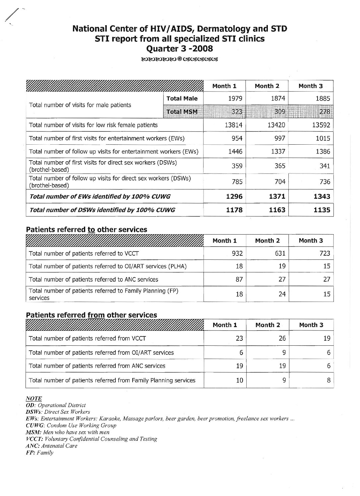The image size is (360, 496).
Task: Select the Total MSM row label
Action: pyautogui.click(x=182, y=112)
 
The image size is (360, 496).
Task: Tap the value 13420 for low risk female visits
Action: pyautogui.click(x=276, y=125)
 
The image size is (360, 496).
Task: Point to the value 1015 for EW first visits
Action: pyautogui.click(x=323, y=138)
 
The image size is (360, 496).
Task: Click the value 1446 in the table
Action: pyautogui.click(x=235, y=152)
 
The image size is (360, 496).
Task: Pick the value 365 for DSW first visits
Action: pyautogui.click(x=280, y=166)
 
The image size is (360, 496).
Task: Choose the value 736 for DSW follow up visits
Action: pyautogui.click(x=325, y=181)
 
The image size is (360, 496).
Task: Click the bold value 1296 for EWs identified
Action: pyautogui.click(x=234, y=196)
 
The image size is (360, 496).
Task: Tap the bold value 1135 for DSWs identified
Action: pyautogui.click(x=322, y=210)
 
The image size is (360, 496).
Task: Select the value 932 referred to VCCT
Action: pyautogui.click(x=237, y=253)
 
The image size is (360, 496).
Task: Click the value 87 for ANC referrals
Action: pyautogui.click(x=239, y=279)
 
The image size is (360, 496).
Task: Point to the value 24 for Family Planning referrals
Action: pyautogui.click(x=282, y=294)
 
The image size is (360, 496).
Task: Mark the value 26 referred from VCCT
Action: pyautogui.click(x=282, y=338)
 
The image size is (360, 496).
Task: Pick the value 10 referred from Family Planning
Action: pyautogui.click(x=239, y=380)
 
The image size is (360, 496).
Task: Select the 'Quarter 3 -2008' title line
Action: pyautogui.click(x=180, y=49)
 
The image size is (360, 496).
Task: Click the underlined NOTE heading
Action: pyautogui.click(x=33, y=398)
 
